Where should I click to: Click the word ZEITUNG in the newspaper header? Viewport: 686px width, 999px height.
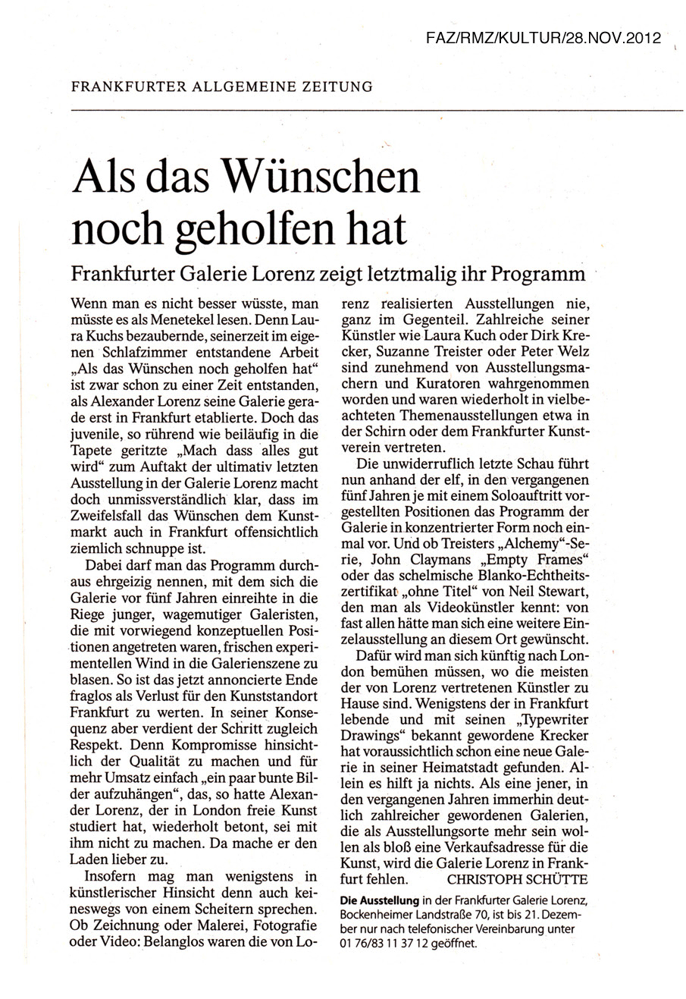[334, 86]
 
